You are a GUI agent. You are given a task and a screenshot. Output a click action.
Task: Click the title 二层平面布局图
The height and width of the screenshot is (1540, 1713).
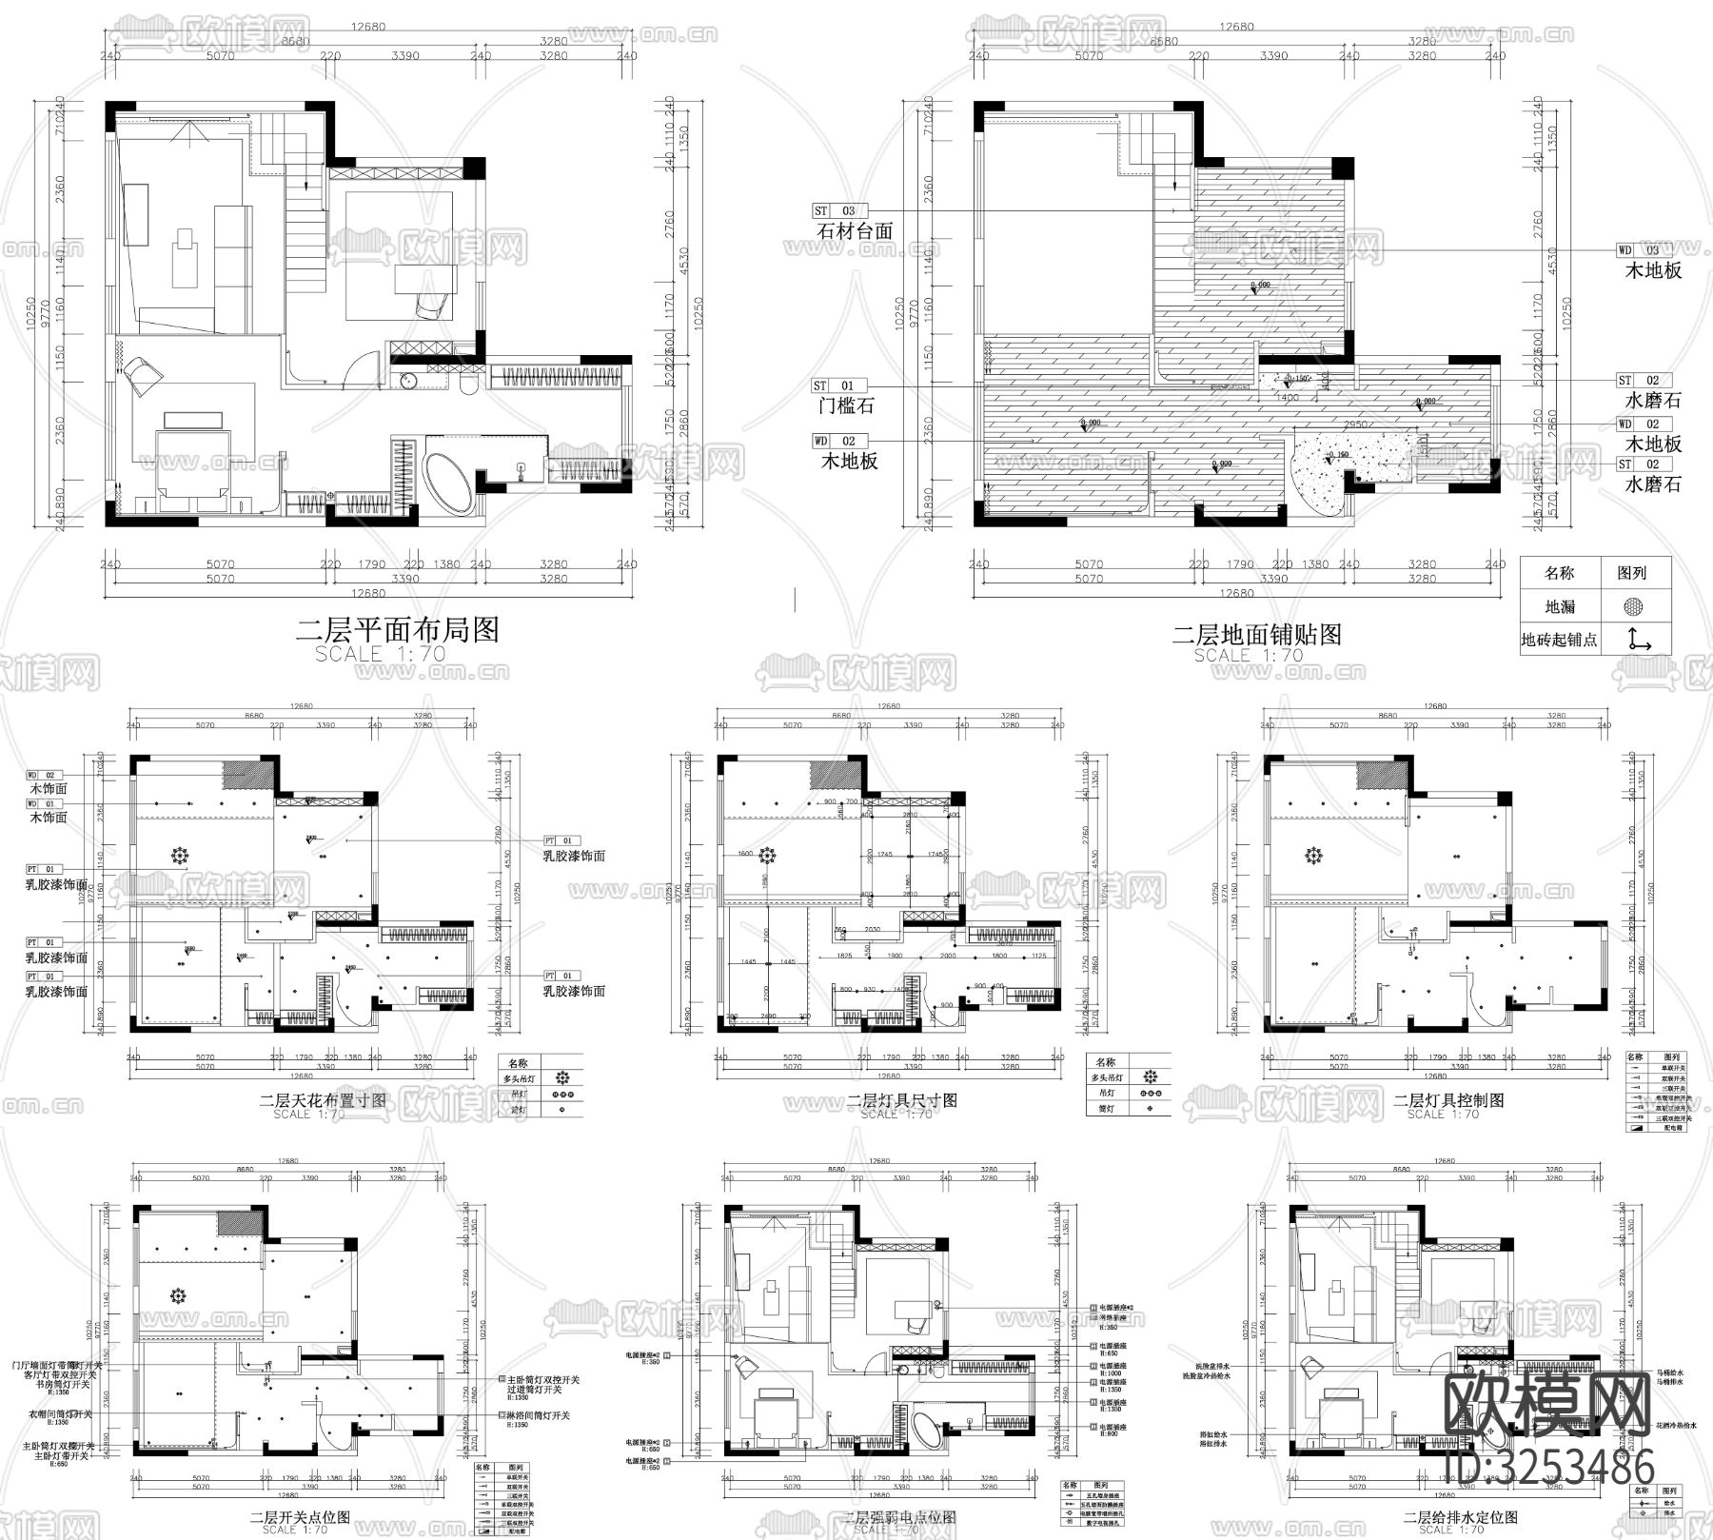point(398,630)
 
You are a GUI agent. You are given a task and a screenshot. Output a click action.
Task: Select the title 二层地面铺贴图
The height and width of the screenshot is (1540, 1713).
point(1256,634)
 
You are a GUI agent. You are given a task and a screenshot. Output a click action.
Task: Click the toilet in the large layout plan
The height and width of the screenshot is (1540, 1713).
point(467,385)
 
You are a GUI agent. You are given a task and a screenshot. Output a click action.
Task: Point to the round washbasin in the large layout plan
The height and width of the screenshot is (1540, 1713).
point(409,381)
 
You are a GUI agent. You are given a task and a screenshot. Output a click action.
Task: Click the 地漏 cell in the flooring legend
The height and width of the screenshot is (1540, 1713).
point(1560,606)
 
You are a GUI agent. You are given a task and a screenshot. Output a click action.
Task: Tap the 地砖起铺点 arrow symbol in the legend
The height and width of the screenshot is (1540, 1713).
point(1636,639)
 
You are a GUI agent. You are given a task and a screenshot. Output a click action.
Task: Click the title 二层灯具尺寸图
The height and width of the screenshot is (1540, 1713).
point(902,1100)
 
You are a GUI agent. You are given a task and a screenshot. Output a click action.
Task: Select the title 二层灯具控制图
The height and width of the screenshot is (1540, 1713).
point(1448,1099)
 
